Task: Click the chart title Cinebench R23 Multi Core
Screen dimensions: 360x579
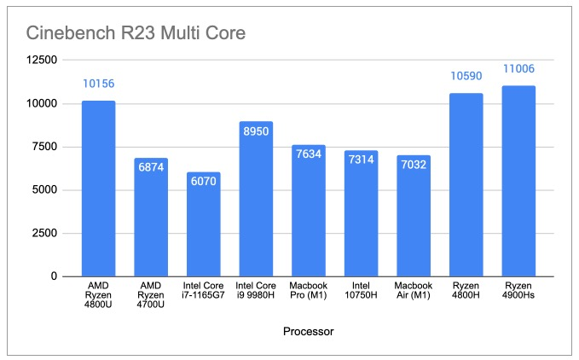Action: [136, 34]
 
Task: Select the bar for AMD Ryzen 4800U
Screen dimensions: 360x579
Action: [98, 188]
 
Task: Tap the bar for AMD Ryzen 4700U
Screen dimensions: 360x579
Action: [151, 217]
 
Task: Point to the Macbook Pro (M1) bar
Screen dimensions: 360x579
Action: [308, 210]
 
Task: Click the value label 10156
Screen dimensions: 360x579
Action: [98, 84]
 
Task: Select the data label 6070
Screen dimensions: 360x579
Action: [203, 183]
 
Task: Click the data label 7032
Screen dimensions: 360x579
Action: [414, 166]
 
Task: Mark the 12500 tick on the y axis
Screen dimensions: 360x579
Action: [40, 60]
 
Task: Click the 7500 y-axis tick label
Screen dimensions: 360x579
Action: [43, 147]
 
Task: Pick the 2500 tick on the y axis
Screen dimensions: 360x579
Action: [43, 233]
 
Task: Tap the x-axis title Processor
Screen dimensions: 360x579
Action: [307, 329]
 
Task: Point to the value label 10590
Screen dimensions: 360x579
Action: [466, 76]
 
